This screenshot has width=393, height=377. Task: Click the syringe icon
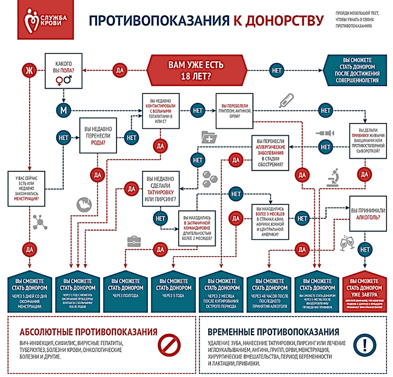[325, 133]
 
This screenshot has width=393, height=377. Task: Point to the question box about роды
[98, 135]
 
